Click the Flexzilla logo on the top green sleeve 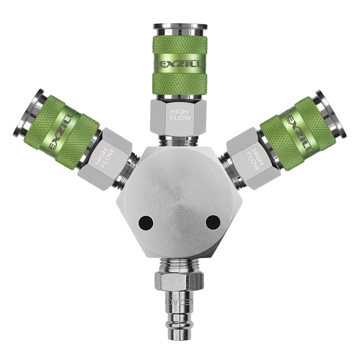pyautogui.click(x=180, y=64)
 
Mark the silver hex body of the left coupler pyautogui.click(x=105, y=160)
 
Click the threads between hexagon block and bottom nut pyautogui.click(x=180, y=264)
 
